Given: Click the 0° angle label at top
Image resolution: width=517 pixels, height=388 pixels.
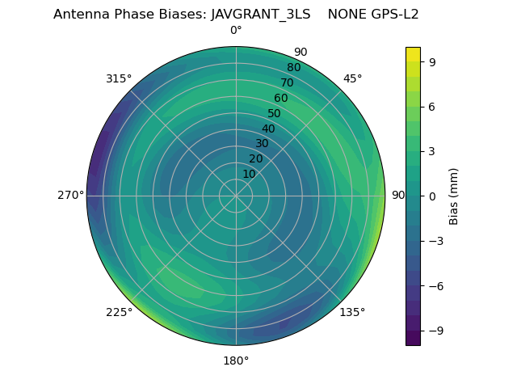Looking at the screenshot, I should pyautogui.click(x=236, y=31).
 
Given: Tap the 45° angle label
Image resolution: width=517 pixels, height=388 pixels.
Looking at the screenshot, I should pyautogui.click(x=352, y=78).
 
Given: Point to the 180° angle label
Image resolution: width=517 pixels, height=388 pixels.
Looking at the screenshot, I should pyautogui.click(x=236, y=361).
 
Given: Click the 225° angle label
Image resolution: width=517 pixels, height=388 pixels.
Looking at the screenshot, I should pyautogui.click(x=119, y=312).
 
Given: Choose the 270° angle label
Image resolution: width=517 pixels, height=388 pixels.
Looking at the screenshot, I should pyautogui.click(x=70, y=196).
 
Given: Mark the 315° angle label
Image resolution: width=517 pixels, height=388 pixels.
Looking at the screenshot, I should pyautogui.click(x=119, y=78).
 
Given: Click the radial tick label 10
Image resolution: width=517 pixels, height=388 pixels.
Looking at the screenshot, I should pyautogui.click(x=250, y=174).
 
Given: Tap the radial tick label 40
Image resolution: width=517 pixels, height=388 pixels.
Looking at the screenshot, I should pyautogui.click(x=268, y=129).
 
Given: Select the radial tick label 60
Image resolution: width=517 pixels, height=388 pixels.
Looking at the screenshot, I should pyautogui.click(x=281, y=99).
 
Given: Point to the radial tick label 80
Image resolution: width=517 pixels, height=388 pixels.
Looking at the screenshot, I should pyautogui.click(x=293, y=68).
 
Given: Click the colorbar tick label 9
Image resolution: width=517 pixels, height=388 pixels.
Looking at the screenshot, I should pyautogui.click(x=432, y=61).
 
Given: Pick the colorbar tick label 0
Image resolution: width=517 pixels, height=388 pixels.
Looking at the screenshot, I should pyautogui.click(x=432, y=196).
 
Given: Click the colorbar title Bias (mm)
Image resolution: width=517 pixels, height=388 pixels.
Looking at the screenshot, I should pyautogui.click(x=454, y=196).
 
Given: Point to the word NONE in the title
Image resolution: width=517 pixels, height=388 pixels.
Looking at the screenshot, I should pyautogui.click(x=345, y=15).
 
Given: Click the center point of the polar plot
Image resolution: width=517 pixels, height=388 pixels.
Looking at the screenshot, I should pyautogui.click(x=236, y=196).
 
